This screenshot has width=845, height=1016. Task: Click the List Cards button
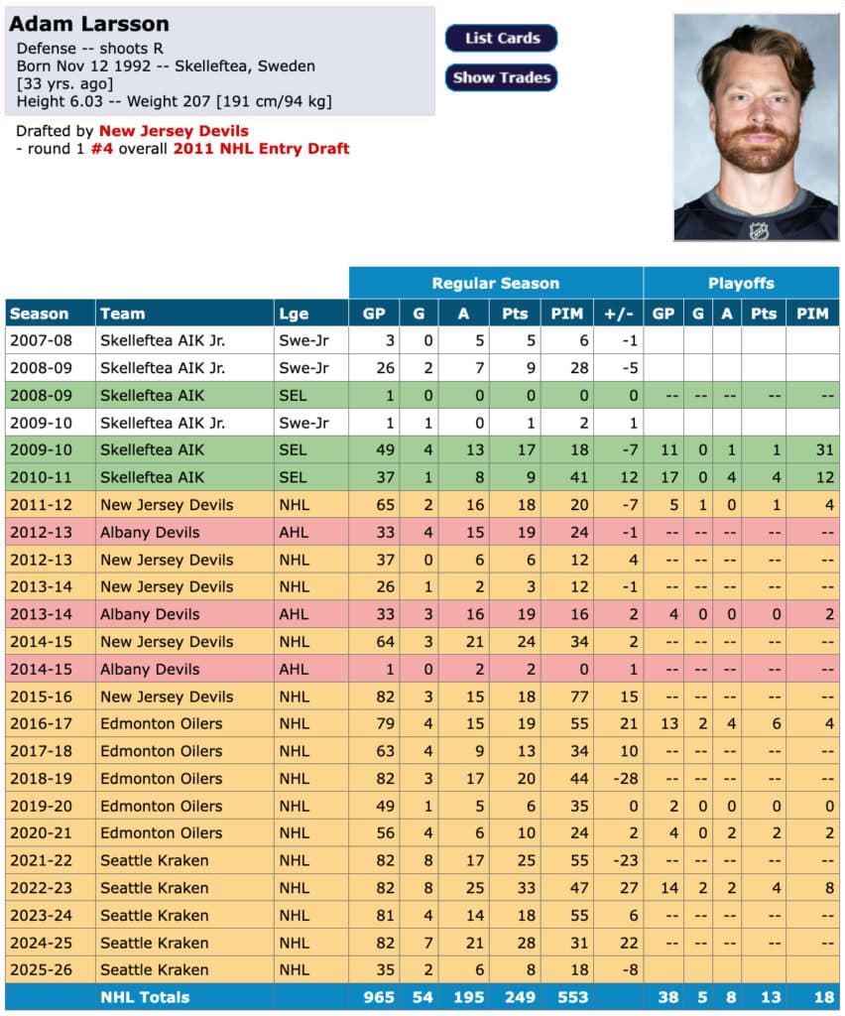point(501,38)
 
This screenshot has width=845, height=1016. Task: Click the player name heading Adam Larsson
point(89,24)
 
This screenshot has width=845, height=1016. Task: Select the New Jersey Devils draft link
point(174,131)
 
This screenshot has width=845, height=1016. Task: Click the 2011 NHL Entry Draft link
point(262,149)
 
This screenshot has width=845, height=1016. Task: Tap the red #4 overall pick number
point(102,149)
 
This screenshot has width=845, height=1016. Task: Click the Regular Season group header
point(495,283)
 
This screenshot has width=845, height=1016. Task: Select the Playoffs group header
point(740,283)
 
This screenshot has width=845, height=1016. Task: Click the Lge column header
point(294,314)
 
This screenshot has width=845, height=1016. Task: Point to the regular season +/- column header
point(615,314)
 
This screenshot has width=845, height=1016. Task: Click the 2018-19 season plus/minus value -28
point(615,778)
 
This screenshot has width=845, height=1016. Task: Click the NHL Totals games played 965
point(377,997)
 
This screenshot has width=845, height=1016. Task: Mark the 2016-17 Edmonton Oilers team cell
point(162,723)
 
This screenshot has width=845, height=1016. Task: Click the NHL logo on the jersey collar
point(758,230)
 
